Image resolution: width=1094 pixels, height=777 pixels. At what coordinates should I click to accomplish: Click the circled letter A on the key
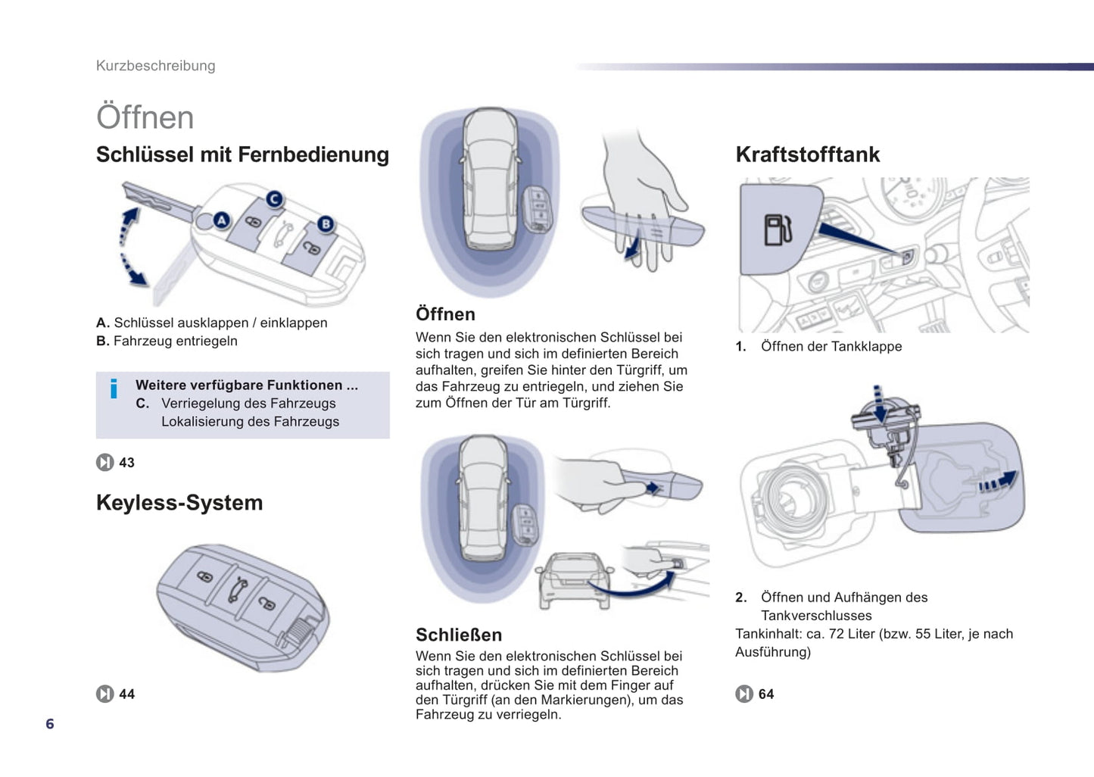point(221,220)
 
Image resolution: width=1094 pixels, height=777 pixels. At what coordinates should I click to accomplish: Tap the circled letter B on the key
point(326,224)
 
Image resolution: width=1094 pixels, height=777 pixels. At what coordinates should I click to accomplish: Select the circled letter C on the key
point(274,199)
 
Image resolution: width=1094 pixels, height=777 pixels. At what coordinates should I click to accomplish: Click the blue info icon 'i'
point(114,388)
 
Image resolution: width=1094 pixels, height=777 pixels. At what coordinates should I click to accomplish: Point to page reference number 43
point(126,463)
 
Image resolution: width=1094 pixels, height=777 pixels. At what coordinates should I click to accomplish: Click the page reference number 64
point(766,694)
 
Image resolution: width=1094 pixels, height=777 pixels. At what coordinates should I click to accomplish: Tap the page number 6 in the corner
point(50,724)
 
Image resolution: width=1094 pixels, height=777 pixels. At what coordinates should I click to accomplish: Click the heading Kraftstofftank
point(807,154)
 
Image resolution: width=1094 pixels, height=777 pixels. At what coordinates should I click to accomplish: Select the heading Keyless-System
point(179,503)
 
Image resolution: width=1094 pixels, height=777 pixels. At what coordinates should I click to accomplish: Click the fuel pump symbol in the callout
point(778,229)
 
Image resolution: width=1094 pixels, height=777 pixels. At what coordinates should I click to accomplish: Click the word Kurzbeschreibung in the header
point(155,66)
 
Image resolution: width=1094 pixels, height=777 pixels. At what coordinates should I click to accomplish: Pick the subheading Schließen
point(458,635)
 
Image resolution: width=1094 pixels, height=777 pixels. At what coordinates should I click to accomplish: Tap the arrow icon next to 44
point(105,694)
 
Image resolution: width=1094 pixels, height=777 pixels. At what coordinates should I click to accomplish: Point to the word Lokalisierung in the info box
point(202,422)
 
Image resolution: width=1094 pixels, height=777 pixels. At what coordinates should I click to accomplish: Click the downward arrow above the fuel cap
point(878,401)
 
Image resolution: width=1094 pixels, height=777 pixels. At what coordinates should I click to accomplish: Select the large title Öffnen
point(145,117)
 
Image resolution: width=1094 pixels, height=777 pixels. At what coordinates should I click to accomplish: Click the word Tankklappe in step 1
point(866,347)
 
